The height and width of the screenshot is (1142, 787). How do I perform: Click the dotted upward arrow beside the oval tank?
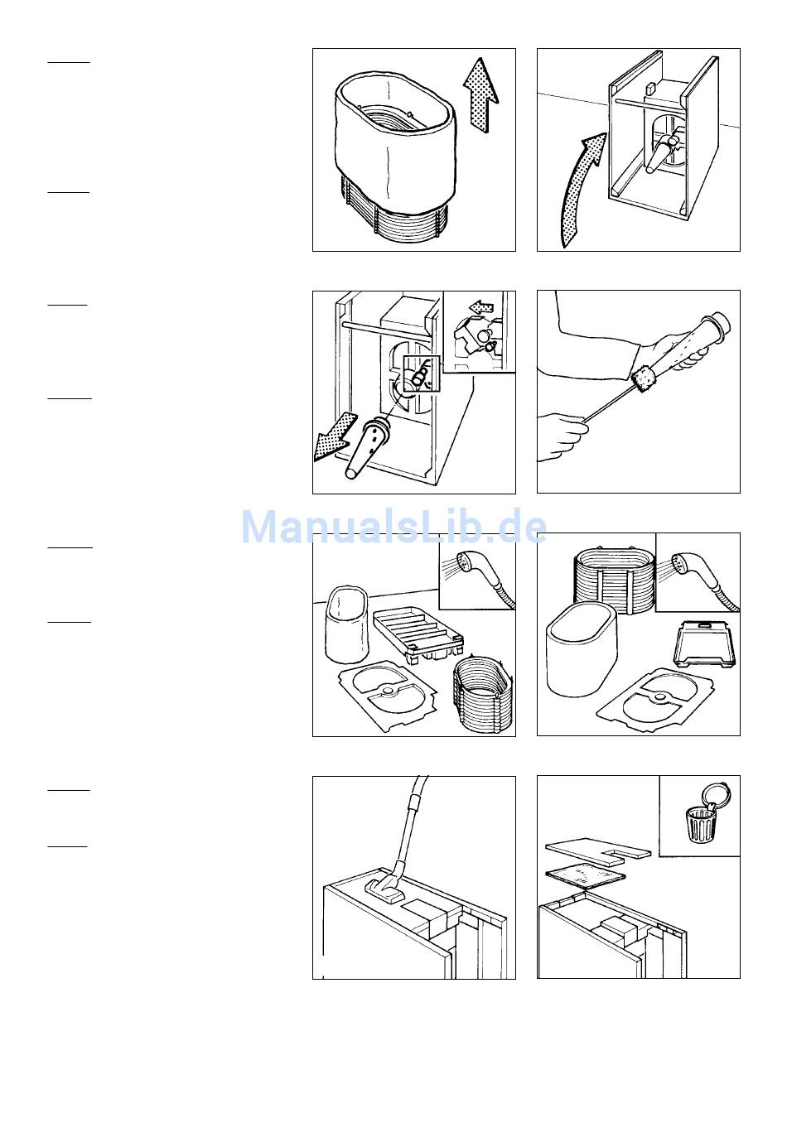(480, 97)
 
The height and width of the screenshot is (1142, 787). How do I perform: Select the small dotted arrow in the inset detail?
(481, 307)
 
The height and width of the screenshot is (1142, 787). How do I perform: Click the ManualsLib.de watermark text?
(393, 528)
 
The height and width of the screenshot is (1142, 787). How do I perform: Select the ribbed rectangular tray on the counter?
(418, 635)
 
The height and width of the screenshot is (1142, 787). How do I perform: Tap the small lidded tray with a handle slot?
(704, 644)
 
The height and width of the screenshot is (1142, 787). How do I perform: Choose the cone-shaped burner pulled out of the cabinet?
(365, 446)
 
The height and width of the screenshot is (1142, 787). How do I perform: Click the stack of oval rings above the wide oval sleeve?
(615, 578)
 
